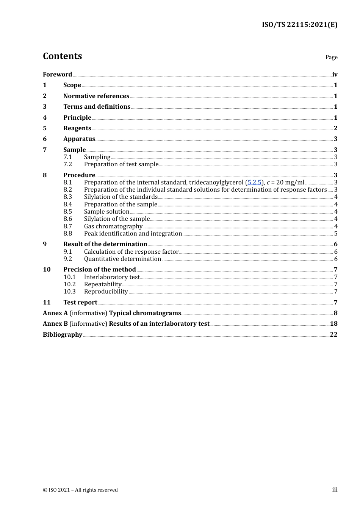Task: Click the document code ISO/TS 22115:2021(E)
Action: point(299,25)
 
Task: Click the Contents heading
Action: point(62,56)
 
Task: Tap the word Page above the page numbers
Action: point(331,57)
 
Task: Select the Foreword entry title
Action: point(57,75)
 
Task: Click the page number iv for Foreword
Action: point(335,75)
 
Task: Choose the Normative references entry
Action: point(96,96)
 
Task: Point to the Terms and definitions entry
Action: point(97,107)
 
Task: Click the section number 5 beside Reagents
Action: point(45,128)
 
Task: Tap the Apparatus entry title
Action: point(79,139)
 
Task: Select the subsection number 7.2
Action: point(68,164)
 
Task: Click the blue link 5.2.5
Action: point(254,183)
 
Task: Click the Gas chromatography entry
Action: point(113,226)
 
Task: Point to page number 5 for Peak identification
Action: point(336,234)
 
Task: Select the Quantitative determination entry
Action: point(122,259)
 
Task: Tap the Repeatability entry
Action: point(103,284)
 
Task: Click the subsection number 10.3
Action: point(70,292)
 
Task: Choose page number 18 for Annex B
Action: point(333,324)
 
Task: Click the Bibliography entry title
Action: point(63,335)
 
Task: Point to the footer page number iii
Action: point(335,490)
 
